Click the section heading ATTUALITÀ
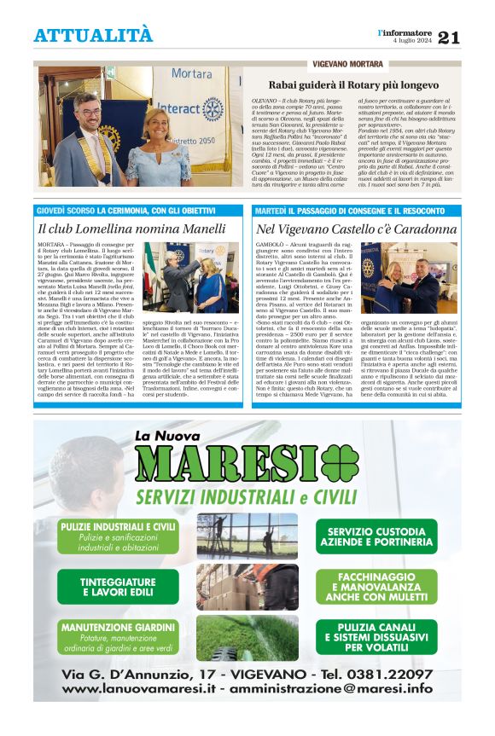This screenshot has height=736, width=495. tap(93, 36)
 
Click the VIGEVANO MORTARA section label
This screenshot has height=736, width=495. tap(347, 64)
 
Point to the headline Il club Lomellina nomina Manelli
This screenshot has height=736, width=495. tap(119, 229)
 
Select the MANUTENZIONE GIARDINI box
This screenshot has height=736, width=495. tap(119, 636)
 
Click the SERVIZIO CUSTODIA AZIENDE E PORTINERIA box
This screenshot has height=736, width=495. tap(375, 536)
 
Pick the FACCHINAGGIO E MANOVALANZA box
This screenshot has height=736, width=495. tap(375, 587)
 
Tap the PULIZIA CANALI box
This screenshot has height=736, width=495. tap(375, 637)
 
